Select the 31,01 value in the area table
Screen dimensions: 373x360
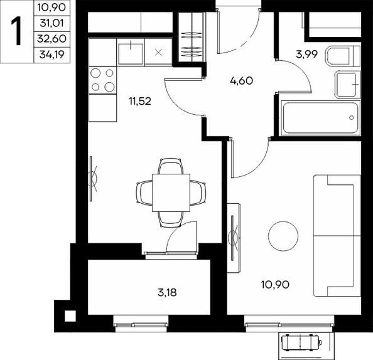pyautogui.click(x=52, y=23)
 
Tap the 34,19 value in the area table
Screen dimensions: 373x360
pyautogui.click(x=52, y=55)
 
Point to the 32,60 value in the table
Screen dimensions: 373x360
pyautogui.click(x=51, y=39)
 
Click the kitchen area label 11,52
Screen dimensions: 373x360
pyautogui.click(x=140, y=102)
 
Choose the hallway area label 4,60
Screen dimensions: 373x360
pyautogui.click(x=242, y=81)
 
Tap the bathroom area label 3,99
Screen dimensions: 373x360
pyautogui.click(x=307, y=55)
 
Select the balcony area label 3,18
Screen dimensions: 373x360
pyautogui.click(x=167, y=293)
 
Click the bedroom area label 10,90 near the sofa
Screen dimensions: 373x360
pyautogui.click(x=275, y=285)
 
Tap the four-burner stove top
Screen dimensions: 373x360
pyautogui.click(x=102, y=80)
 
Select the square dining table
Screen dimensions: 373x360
pyautogui.click(x=171, y=193)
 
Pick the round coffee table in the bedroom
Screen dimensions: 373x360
pyautogui.click(x=283, y=236)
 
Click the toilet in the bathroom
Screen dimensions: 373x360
pyautogui.click(x=343, y=56)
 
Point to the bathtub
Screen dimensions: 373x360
pyautogui.click(x=320, y=118)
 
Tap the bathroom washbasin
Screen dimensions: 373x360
pyautogui.click(x=347, y=85)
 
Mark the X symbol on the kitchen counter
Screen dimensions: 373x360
pyautogui.click(x=158, y=52)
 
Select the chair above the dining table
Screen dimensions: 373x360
pyautogui.click(x=171, y=166)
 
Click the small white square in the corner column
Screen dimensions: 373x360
pyautogui.click(x=70, y=316)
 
